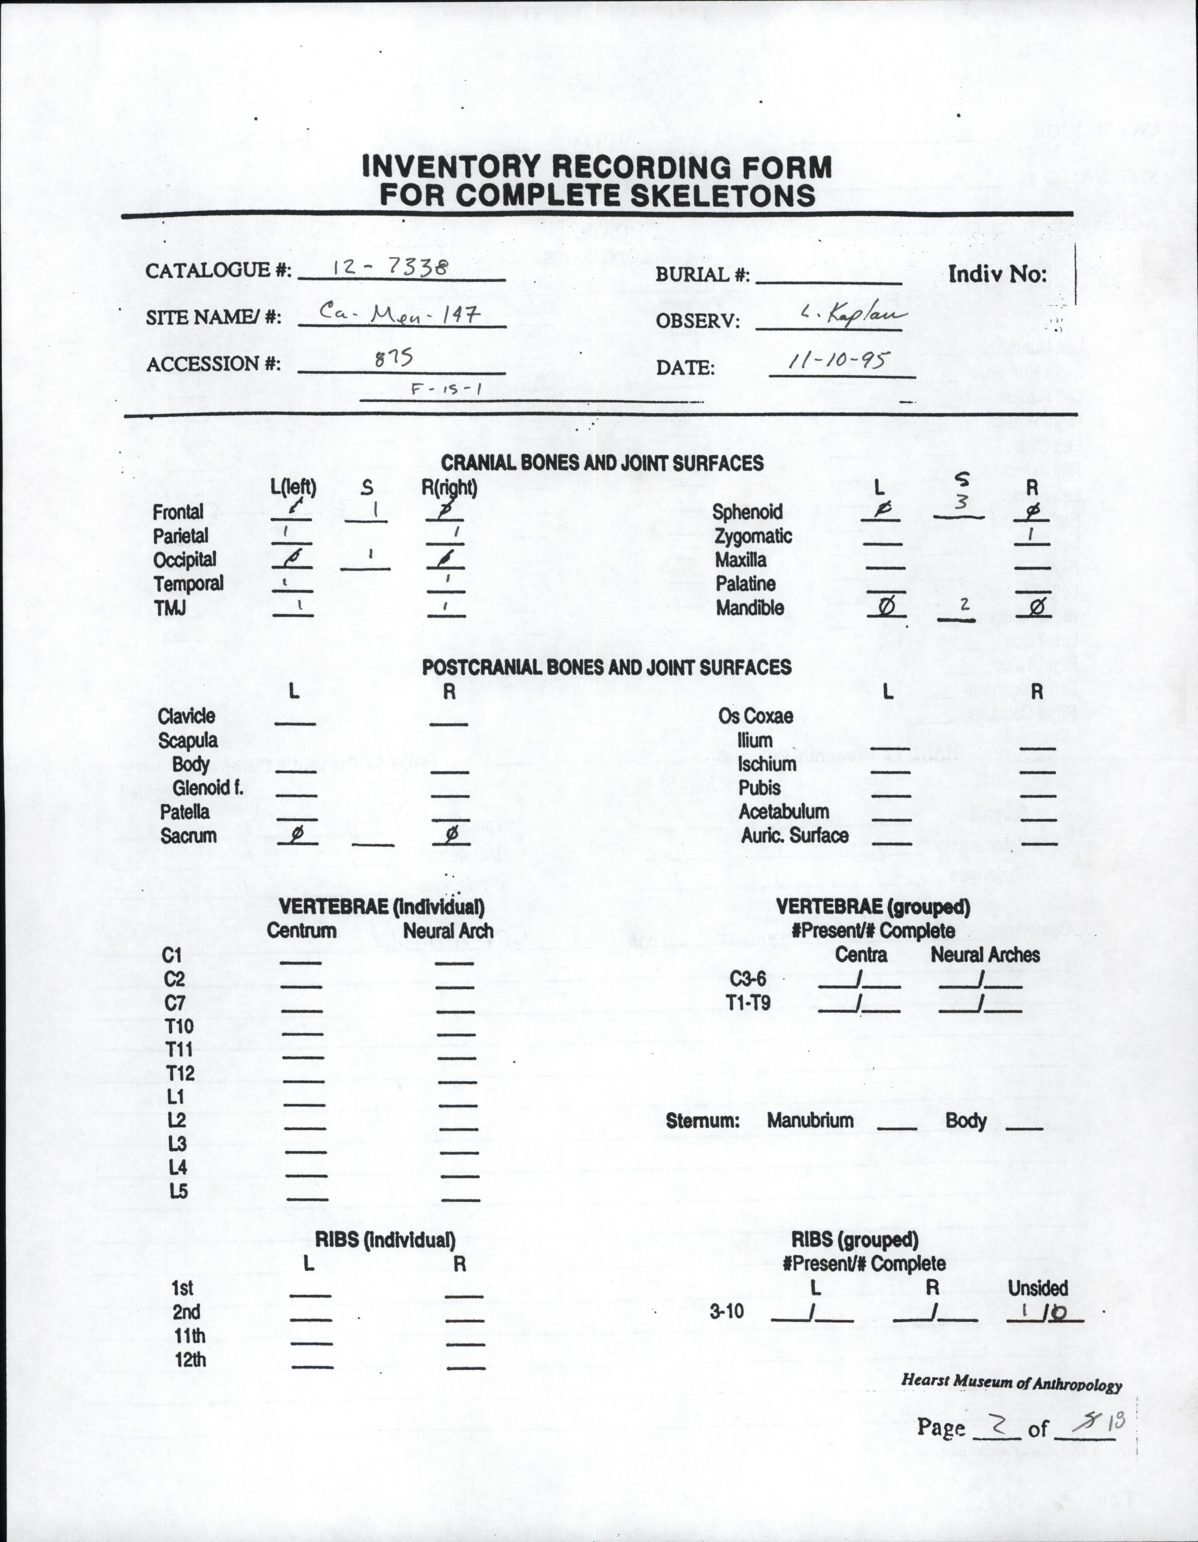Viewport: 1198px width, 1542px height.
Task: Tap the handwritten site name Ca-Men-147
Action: [x=400, y=312]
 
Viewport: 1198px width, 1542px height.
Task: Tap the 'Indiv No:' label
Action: [x=997, y=274]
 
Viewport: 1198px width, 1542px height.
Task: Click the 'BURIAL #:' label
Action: [x=702, y=275]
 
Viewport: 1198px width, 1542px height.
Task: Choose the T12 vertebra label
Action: [x=180, y=1073]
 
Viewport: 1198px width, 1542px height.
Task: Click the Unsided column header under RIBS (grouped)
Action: [x=1037, y=1288]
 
